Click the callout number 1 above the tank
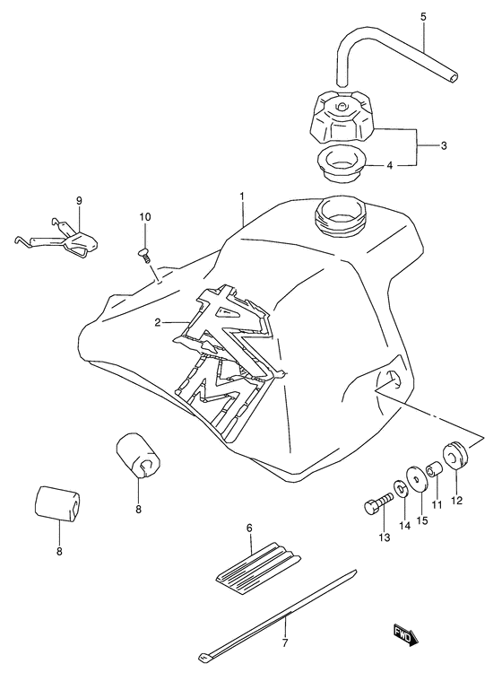(241, 195)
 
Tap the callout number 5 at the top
(423, 16)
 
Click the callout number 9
(79, 200)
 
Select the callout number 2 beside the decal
(158, 321)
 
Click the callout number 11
(437, 505)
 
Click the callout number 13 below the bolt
(385, 537)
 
